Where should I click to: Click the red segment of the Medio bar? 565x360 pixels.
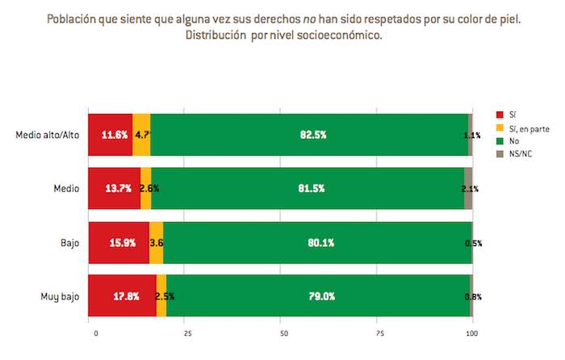click(x=114, y=188)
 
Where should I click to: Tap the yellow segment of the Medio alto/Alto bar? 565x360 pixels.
click(x=141, y=134)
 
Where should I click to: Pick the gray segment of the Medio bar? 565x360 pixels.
click(x=468, y=188)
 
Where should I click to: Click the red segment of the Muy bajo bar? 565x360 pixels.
click(x=122, y=295)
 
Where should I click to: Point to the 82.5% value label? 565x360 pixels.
click(x=312, y=135)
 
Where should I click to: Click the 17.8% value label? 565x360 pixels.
click(x=117, y=295)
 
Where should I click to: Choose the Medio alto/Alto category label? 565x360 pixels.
click(x=48, y=134)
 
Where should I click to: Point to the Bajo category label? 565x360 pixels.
click(x=69, y=242)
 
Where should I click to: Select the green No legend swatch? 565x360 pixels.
click(x=500, y=140)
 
